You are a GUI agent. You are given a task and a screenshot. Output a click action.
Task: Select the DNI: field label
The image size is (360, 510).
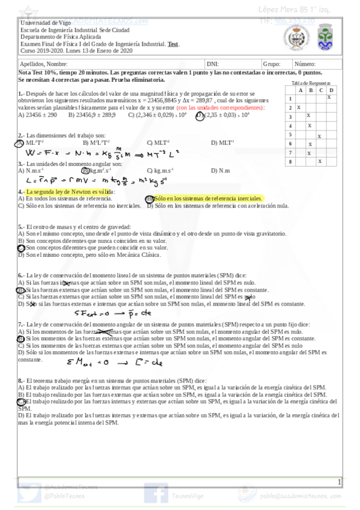(212, 63)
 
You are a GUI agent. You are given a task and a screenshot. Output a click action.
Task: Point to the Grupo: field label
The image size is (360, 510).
(271, 63)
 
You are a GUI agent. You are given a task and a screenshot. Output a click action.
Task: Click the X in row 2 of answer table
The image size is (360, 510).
(299, 107)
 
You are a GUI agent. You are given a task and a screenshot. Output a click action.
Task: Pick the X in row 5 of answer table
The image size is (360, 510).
(319, 136)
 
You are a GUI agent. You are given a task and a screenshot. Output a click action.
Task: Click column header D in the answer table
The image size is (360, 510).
(330, 90)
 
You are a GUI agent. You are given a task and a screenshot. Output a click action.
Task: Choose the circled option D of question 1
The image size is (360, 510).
(200, 115)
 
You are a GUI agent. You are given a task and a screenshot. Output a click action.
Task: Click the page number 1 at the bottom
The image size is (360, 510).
(340, 482)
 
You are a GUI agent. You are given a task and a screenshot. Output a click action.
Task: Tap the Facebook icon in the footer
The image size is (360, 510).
(159, 494)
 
